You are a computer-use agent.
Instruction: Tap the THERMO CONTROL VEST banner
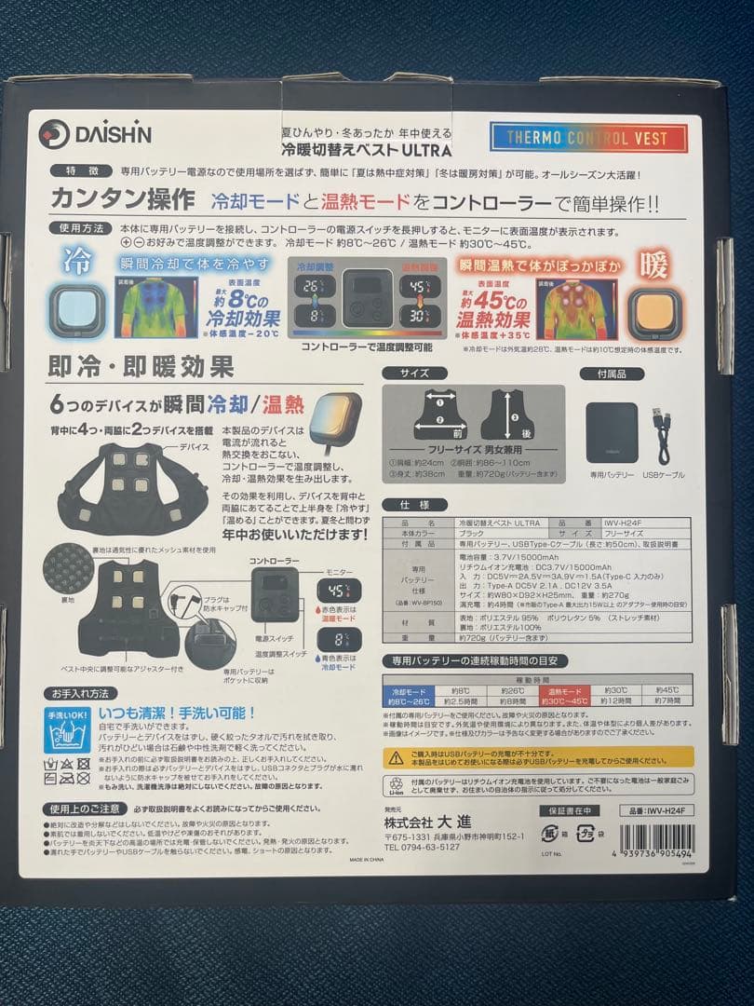tap(587, 138)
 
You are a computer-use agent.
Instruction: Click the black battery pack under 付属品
tap(612, 432)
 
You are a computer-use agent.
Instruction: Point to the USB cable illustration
tap(663, 434)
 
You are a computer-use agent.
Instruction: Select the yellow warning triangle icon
tap(397, 759)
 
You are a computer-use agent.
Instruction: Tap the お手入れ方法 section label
tap(79, 693)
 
